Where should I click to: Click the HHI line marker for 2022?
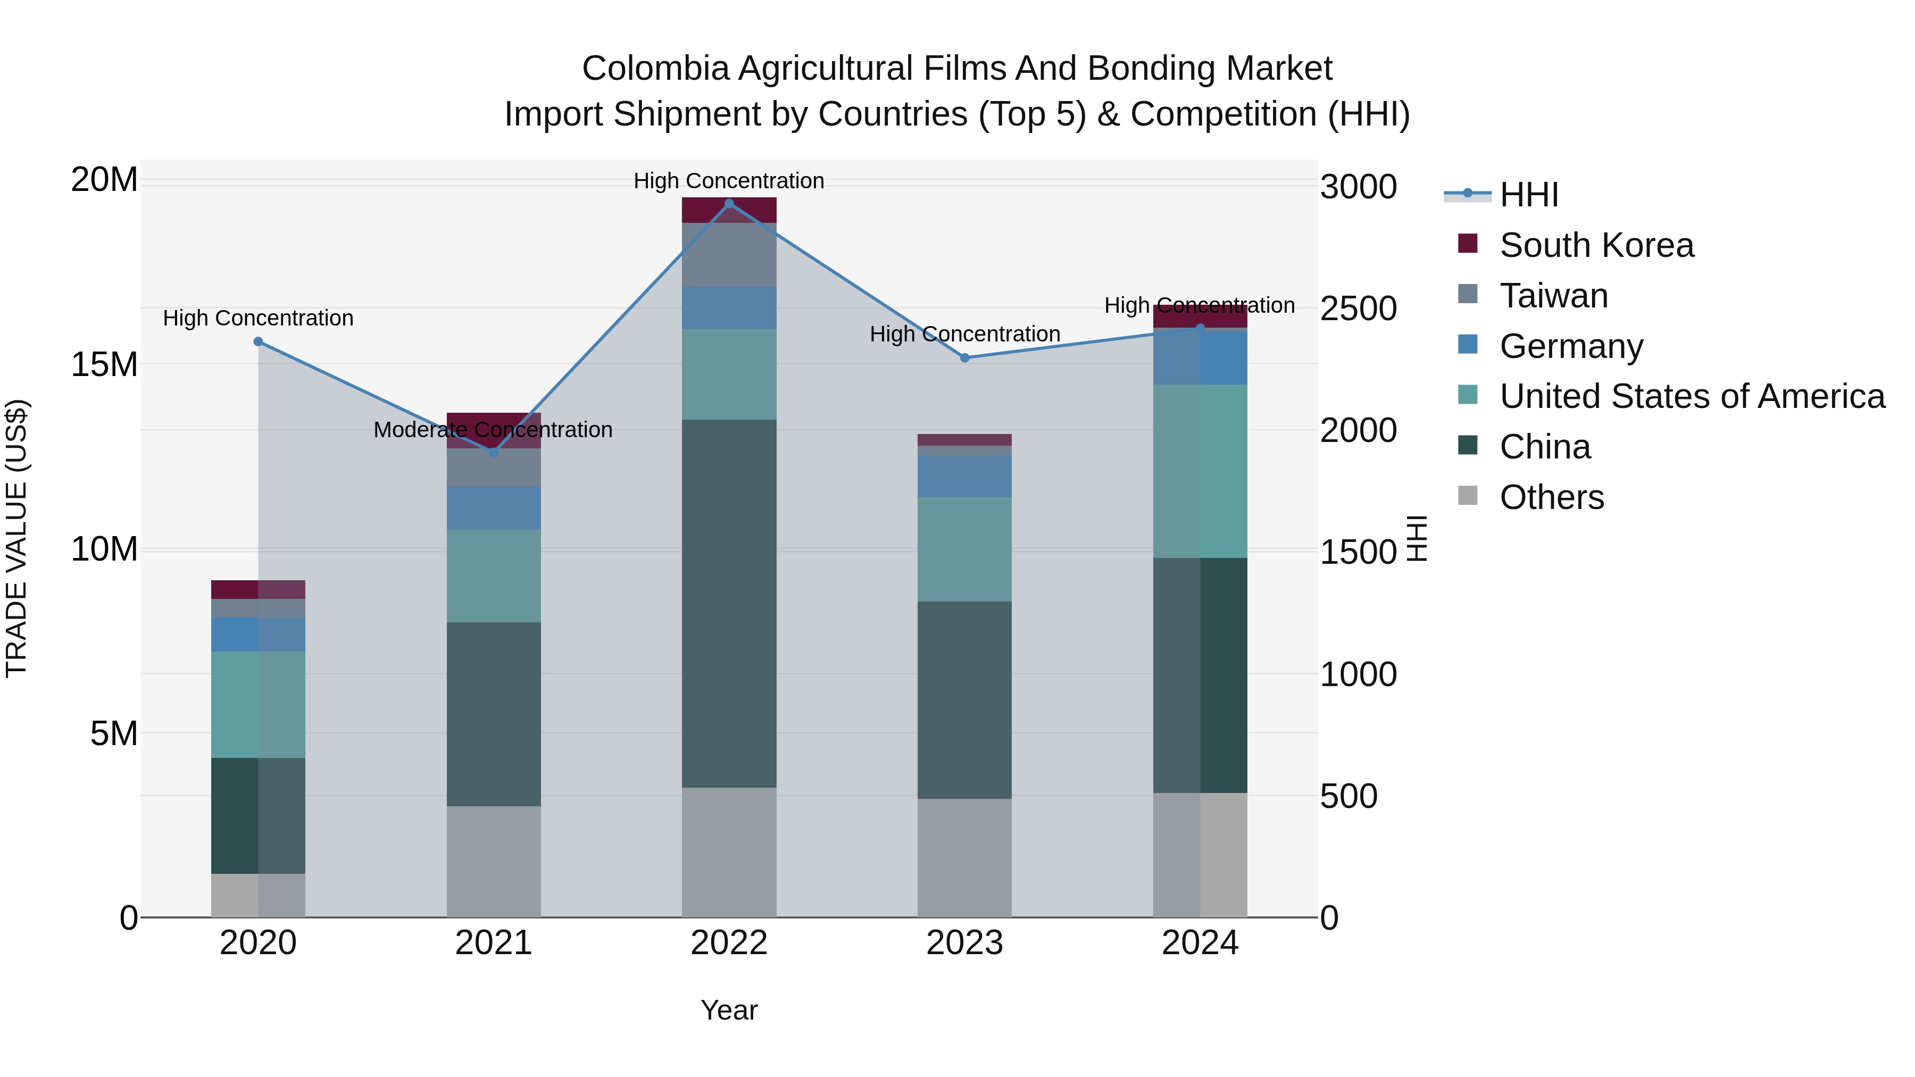[729, 203]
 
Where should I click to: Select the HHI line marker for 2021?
[494, 452]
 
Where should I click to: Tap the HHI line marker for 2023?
[964, 357]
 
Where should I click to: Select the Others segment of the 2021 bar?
[494, 862]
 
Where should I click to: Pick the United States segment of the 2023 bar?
[964, 549]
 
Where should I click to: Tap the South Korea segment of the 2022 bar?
[729, 210]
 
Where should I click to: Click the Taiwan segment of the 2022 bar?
[729, 255]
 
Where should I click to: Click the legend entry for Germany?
[1571, 346]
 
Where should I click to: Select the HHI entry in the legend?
[1528, 195]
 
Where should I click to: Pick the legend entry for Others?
[1552, 497]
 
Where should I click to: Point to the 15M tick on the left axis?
[104, 364]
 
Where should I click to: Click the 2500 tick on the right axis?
[1358, 308]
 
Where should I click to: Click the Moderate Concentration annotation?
[493, 430]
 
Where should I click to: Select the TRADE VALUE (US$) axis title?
[16, 538]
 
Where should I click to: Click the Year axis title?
[729, 1010]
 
